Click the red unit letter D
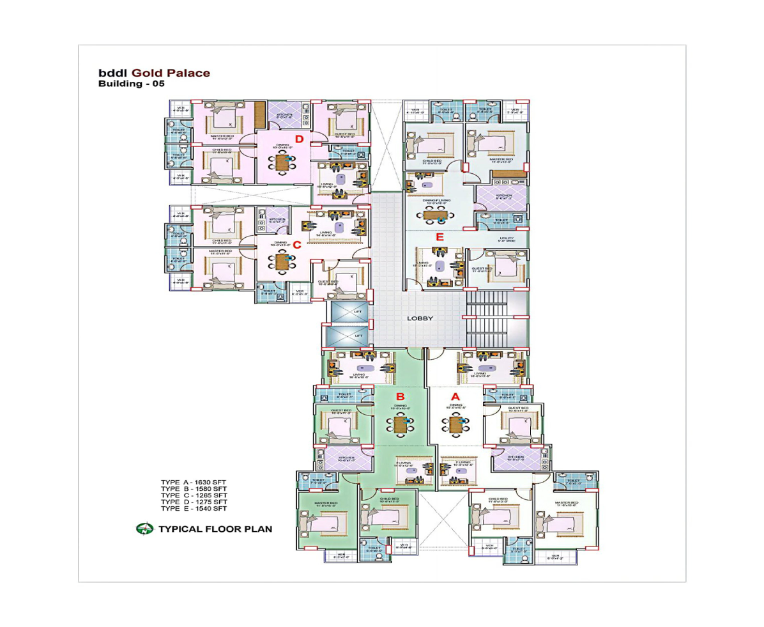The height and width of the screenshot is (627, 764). pyautogui.click(x=298, y=139)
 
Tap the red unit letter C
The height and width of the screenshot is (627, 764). pyautogui.click(x=296, y=244)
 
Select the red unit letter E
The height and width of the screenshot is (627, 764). pyautogui.click(x=439, y=237)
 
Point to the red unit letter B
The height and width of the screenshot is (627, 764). pyautogui.click(x=401, y=396)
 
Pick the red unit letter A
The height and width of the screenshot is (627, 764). pyautogui.click(x=455, y=396)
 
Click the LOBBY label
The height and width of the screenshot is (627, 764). pyautogui.click(x=420, y=318)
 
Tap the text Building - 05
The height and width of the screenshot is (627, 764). pyautogui.click(x=131, y=84)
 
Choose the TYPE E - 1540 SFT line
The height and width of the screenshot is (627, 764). pyautogui.click(x=194, y=509)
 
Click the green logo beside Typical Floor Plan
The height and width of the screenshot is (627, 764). pyautogui.click(x=144, y=529)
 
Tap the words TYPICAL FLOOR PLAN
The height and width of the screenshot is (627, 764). pyautogui.click(x=215, y=529)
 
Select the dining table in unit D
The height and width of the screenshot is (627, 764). pyautogui.click(x=282, y=162)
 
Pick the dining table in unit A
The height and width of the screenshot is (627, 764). pyautogui.click(x=455, y=423)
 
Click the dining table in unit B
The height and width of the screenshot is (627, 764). pyautogui.click(x=401, y=423)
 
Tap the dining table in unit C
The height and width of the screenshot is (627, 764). pyautogui.click(x=282, y=261)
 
